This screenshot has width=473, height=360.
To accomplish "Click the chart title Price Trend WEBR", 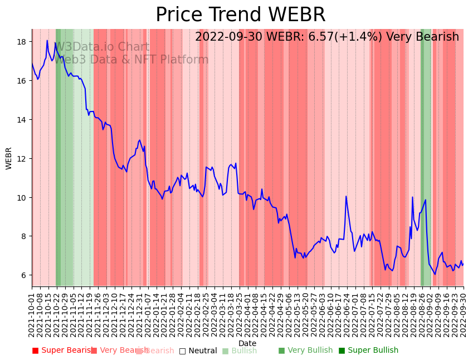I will pyautogui.click(x=240, y=15).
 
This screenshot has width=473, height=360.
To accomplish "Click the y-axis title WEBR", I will pyautogui.click(x=9, y=158).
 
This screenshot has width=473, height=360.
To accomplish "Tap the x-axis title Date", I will pyautogui.click(x=247, y=343).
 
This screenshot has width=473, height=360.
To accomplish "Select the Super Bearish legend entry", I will pyautogui.click(x=62, y=351).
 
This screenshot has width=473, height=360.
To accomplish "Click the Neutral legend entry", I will pyautogui.click(x=198, y=351).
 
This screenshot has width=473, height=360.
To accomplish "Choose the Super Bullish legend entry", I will pyautogui.click(x=368, y=351).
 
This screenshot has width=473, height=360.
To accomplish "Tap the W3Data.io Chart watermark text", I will pyautogui.click(x=102, y=47).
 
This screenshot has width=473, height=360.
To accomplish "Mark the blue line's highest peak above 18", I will pyautogui.click(x=47, y=40).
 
